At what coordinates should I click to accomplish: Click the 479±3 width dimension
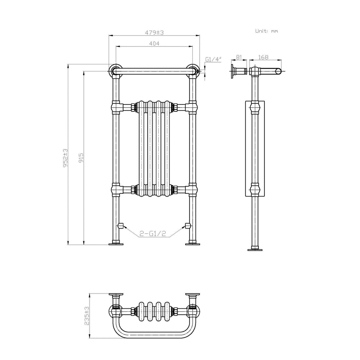point(155,32)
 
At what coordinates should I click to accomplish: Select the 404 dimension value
point(155,44)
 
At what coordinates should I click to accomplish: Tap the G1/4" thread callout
point(213,59)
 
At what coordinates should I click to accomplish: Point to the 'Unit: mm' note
point(266,31)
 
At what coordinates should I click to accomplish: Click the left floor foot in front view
point(116,242)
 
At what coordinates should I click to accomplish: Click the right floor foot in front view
point(192,242)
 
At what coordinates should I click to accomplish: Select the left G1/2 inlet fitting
point(120,225)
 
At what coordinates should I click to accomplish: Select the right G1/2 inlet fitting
point(188,225)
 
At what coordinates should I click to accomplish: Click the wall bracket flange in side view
point(233,71)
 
